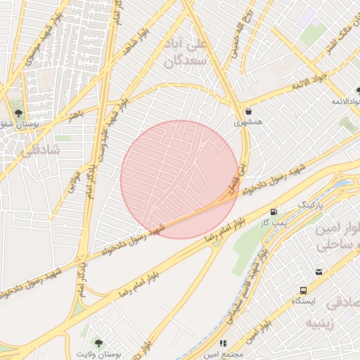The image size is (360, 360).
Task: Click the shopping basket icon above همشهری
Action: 249,111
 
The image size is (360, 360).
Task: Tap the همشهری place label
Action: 248,122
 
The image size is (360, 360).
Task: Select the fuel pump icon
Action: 274,212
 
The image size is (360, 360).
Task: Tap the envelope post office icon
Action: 319,272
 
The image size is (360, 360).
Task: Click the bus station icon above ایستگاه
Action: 303,290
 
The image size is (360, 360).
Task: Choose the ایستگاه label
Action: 304,301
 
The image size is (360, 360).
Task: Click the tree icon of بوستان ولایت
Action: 98,342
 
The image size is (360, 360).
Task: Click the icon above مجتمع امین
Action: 223,343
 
